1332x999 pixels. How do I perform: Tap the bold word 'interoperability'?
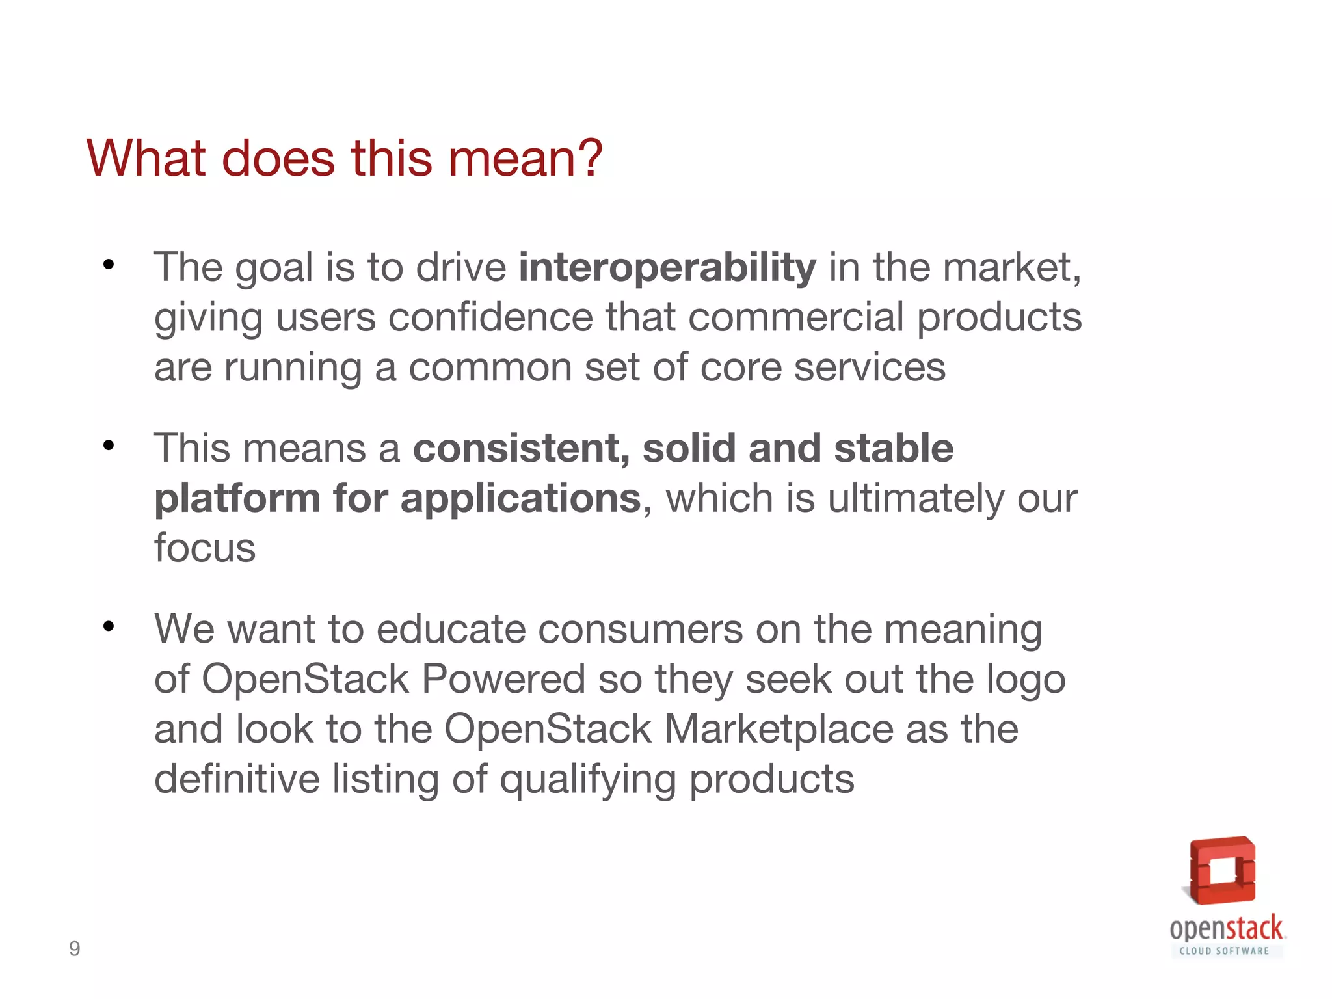tap(667, 267)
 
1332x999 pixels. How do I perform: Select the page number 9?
tap(75, 949)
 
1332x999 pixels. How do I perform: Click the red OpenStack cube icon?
tap(1222, 871)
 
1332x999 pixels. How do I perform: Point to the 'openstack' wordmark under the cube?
tap(1226, 928)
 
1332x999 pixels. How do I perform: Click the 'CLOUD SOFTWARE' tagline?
tap(1224, 951)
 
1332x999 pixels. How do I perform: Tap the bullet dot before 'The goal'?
tap(109, 265)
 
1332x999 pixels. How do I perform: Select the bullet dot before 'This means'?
tap(109, 446)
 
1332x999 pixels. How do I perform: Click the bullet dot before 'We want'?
tap(109, 626)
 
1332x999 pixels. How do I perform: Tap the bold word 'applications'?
tap(521, 498)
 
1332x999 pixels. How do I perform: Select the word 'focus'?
tap(205, 548)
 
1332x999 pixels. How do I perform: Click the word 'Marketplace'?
tap(779, 729)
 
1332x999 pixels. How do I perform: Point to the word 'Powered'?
tap(503, 679)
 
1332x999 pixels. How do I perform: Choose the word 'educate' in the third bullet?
tap(451, 629)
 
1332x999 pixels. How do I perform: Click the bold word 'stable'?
tap(894, 448)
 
